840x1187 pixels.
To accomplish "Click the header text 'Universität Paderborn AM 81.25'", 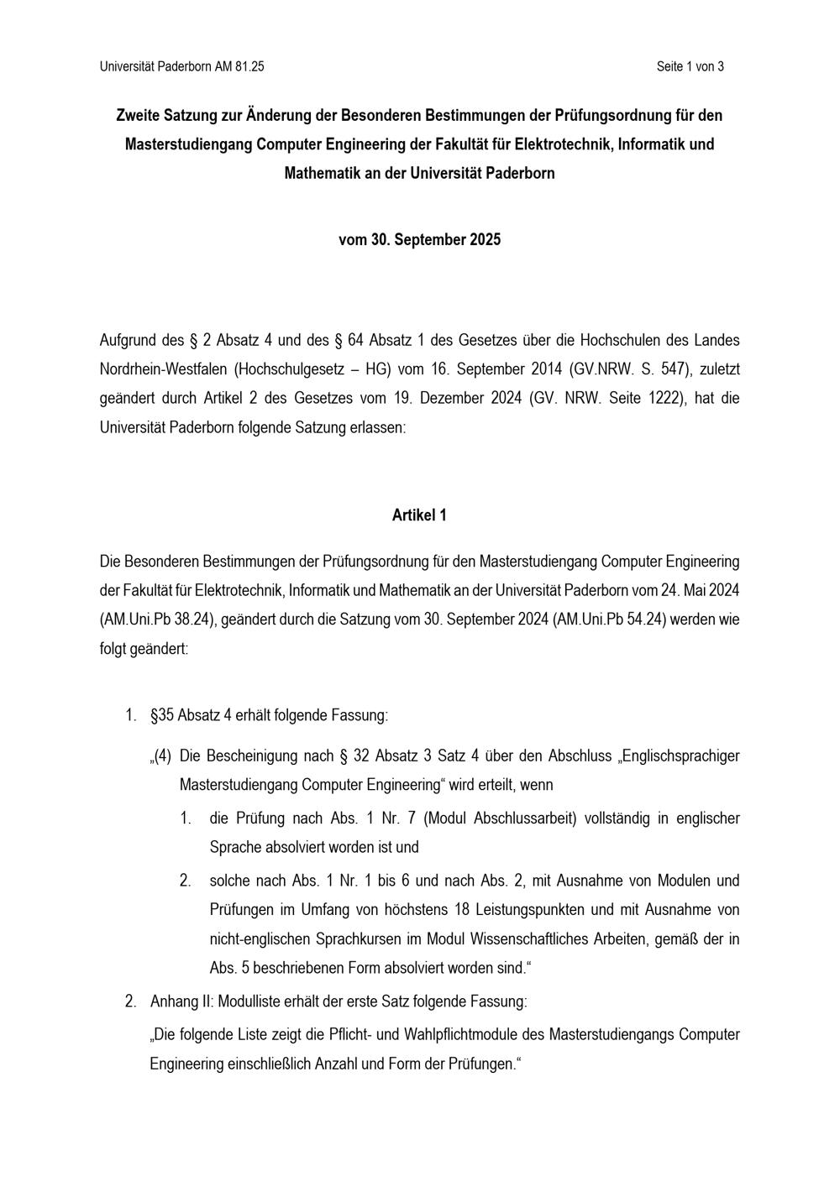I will [x=181, y=66].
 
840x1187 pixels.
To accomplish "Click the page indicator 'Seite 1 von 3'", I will [x=690, y=66].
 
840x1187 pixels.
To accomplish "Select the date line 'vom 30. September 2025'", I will [x=419, y=239].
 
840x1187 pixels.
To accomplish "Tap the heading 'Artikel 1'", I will [x=419, y=515].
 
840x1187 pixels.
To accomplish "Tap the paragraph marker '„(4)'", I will [x=160, y=756].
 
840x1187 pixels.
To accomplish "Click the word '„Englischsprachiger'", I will [x=679, y=756].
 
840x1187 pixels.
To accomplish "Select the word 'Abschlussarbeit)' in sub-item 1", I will [x=526, y=818].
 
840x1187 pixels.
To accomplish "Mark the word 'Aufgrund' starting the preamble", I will [x=129, y=340].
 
